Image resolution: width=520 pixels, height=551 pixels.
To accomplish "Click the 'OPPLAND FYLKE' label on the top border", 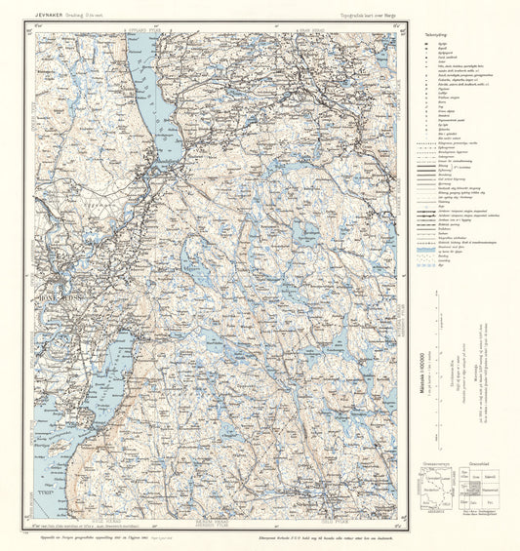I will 137,29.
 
